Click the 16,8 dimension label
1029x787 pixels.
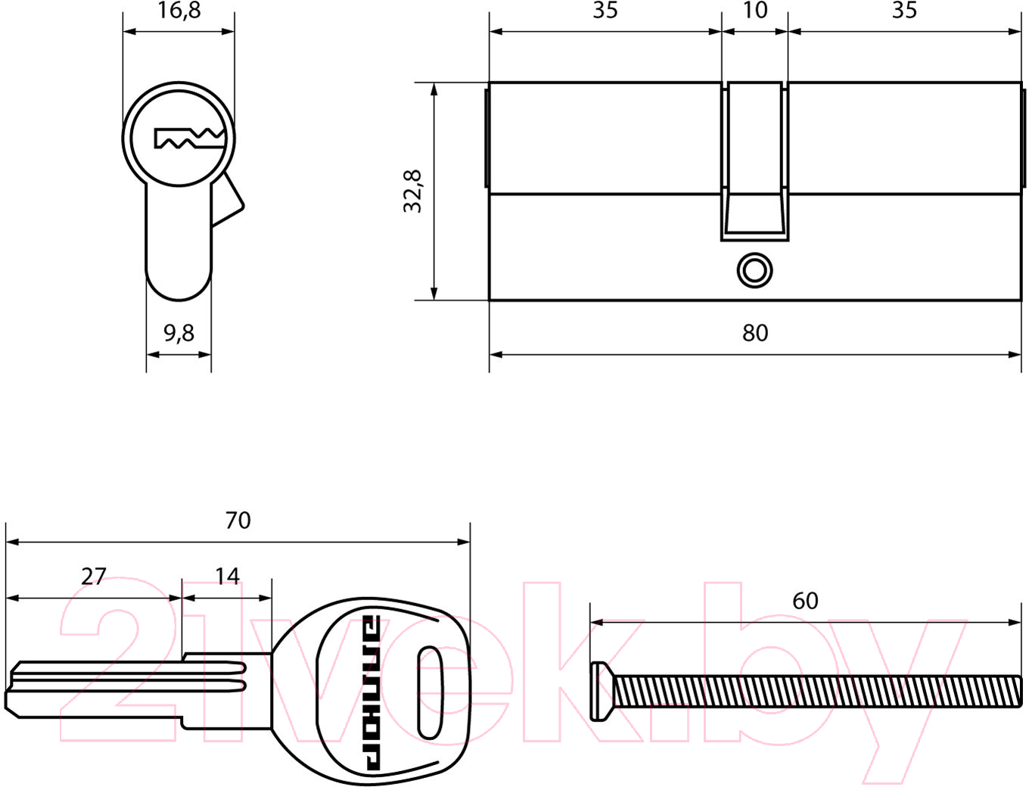coord(179,11)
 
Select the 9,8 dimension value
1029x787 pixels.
coord(179,333)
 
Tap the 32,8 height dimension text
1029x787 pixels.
coord(412,191)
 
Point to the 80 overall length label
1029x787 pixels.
coord(755,333)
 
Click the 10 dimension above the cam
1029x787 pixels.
coord(755,10)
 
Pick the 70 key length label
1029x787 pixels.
coord(238,521)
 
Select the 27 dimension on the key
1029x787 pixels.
coord(93,577)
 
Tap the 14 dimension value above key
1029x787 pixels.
coord(227,576)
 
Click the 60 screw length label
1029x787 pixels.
coord(805,601)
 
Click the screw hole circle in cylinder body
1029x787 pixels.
coord(755,271)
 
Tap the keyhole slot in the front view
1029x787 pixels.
coord(190,138)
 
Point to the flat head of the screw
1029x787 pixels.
coord(601,692)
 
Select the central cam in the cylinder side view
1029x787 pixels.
coord(755,161)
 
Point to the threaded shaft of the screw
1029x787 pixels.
coord(816,692)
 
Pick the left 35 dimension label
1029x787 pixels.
coord(605,10)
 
